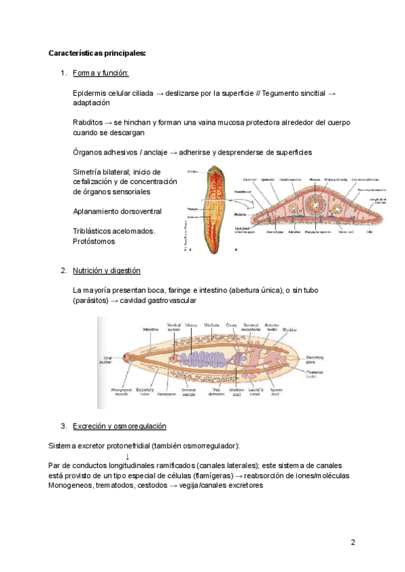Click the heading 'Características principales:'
(x=97, y=53)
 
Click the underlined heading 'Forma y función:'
(x=100, y=73)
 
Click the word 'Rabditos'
(x=87, y=123)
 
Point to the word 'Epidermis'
(x=90, y=93)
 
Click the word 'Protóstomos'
(x=94, y=241)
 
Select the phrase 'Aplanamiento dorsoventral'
(x=117, y=211)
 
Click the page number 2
(x=353, y=543)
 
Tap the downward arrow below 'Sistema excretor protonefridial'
(x=128, y=456)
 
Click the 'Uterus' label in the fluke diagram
(x=191, y=325)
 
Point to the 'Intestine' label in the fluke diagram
(x=150, y=329)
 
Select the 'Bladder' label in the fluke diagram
(x=290, y=330)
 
